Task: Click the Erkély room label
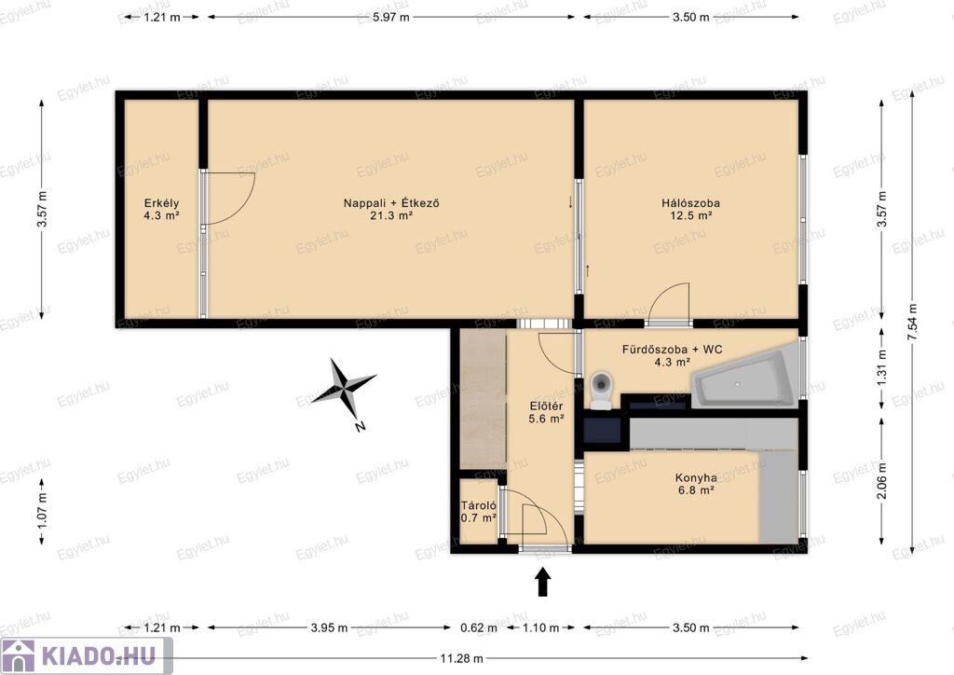pos(161,203)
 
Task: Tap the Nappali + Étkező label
pos(391,203)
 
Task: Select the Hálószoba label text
pos(690,203)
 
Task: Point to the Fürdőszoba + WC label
pos(673,350)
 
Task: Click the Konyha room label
pos(696,477)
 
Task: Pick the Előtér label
pos(546,406)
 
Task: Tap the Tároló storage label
pos(478,505)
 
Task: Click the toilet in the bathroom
pos(601,390)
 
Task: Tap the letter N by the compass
pos(360,427)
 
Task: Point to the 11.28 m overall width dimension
pos(462,658)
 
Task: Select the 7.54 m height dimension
pos(911,322)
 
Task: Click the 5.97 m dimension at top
pos(390,17)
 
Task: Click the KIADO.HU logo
pos(86,656)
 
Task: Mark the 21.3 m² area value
pos(391,215)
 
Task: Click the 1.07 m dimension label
pos(42,511)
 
